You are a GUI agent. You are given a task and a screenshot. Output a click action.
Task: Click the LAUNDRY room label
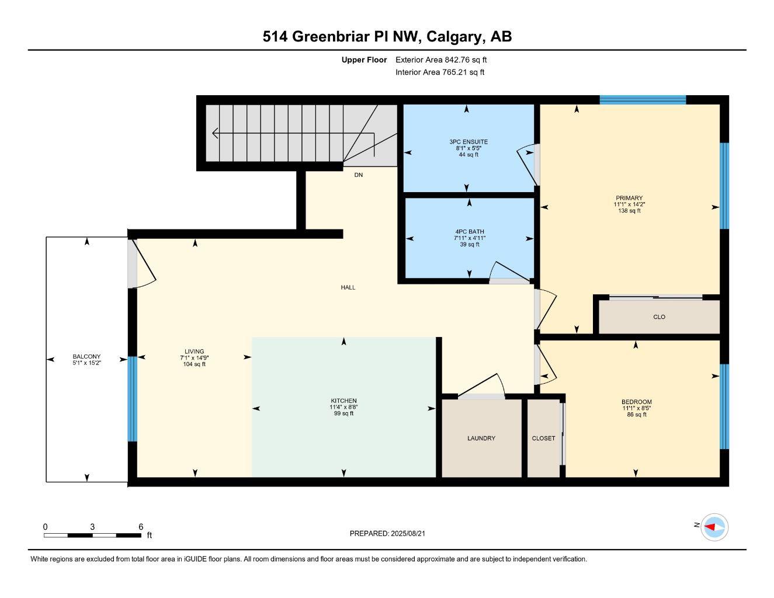click(481, 438)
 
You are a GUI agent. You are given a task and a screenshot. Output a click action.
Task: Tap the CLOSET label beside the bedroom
click(543, 438)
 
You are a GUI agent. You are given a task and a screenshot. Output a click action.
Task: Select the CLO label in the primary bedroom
click(659, 317)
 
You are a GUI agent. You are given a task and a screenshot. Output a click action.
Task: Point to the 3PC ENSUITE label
click(468, 142)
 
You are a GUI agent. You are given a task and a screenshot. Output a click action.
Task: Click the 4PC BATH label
click(469, 232)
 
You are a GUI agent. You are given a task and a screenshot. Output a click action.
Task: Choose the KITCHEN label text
click(343, 401)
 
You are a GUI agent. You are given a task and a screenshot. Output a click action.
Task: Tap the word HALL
click(348, 287)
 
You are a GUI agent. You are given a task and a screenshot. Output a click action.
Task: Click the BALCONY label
click(86, 356)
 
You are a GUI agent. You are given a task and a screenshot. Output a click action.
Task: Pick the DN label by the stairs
click(358, 175)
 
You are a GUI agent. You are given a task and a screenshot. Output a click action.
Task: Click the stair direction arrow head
click(215, 133)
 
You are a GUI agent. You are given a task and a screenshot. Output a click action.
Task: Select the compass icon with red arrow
click(714, 527)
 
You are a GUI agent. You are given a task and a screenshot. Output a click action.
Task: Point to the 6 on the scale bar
click(141, 527)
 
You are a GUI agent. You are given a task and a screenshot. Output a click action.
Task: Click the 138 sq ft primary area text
click(629, 211)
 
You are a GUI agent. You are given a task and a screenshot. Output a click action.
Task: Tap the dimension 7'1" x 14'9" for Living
click(194, 358)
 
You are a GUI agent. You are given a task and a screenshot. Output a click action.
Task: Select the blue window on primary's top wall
click(643, 100)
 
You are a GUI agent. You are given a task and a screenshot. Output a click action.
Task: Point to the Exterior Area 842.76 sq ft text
click(441, 60)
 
